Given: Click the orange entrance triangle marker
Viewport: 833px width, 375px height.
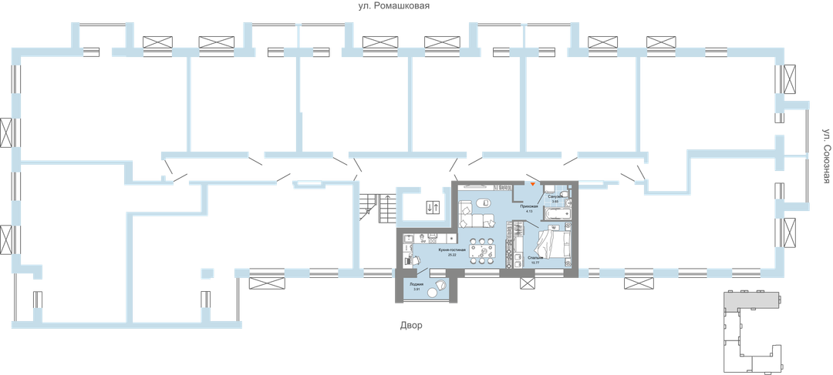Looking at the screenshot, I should [x=532, y=184].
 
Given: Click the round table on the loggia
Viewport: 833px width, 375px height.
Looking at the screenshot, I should [x=440, y=286].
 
